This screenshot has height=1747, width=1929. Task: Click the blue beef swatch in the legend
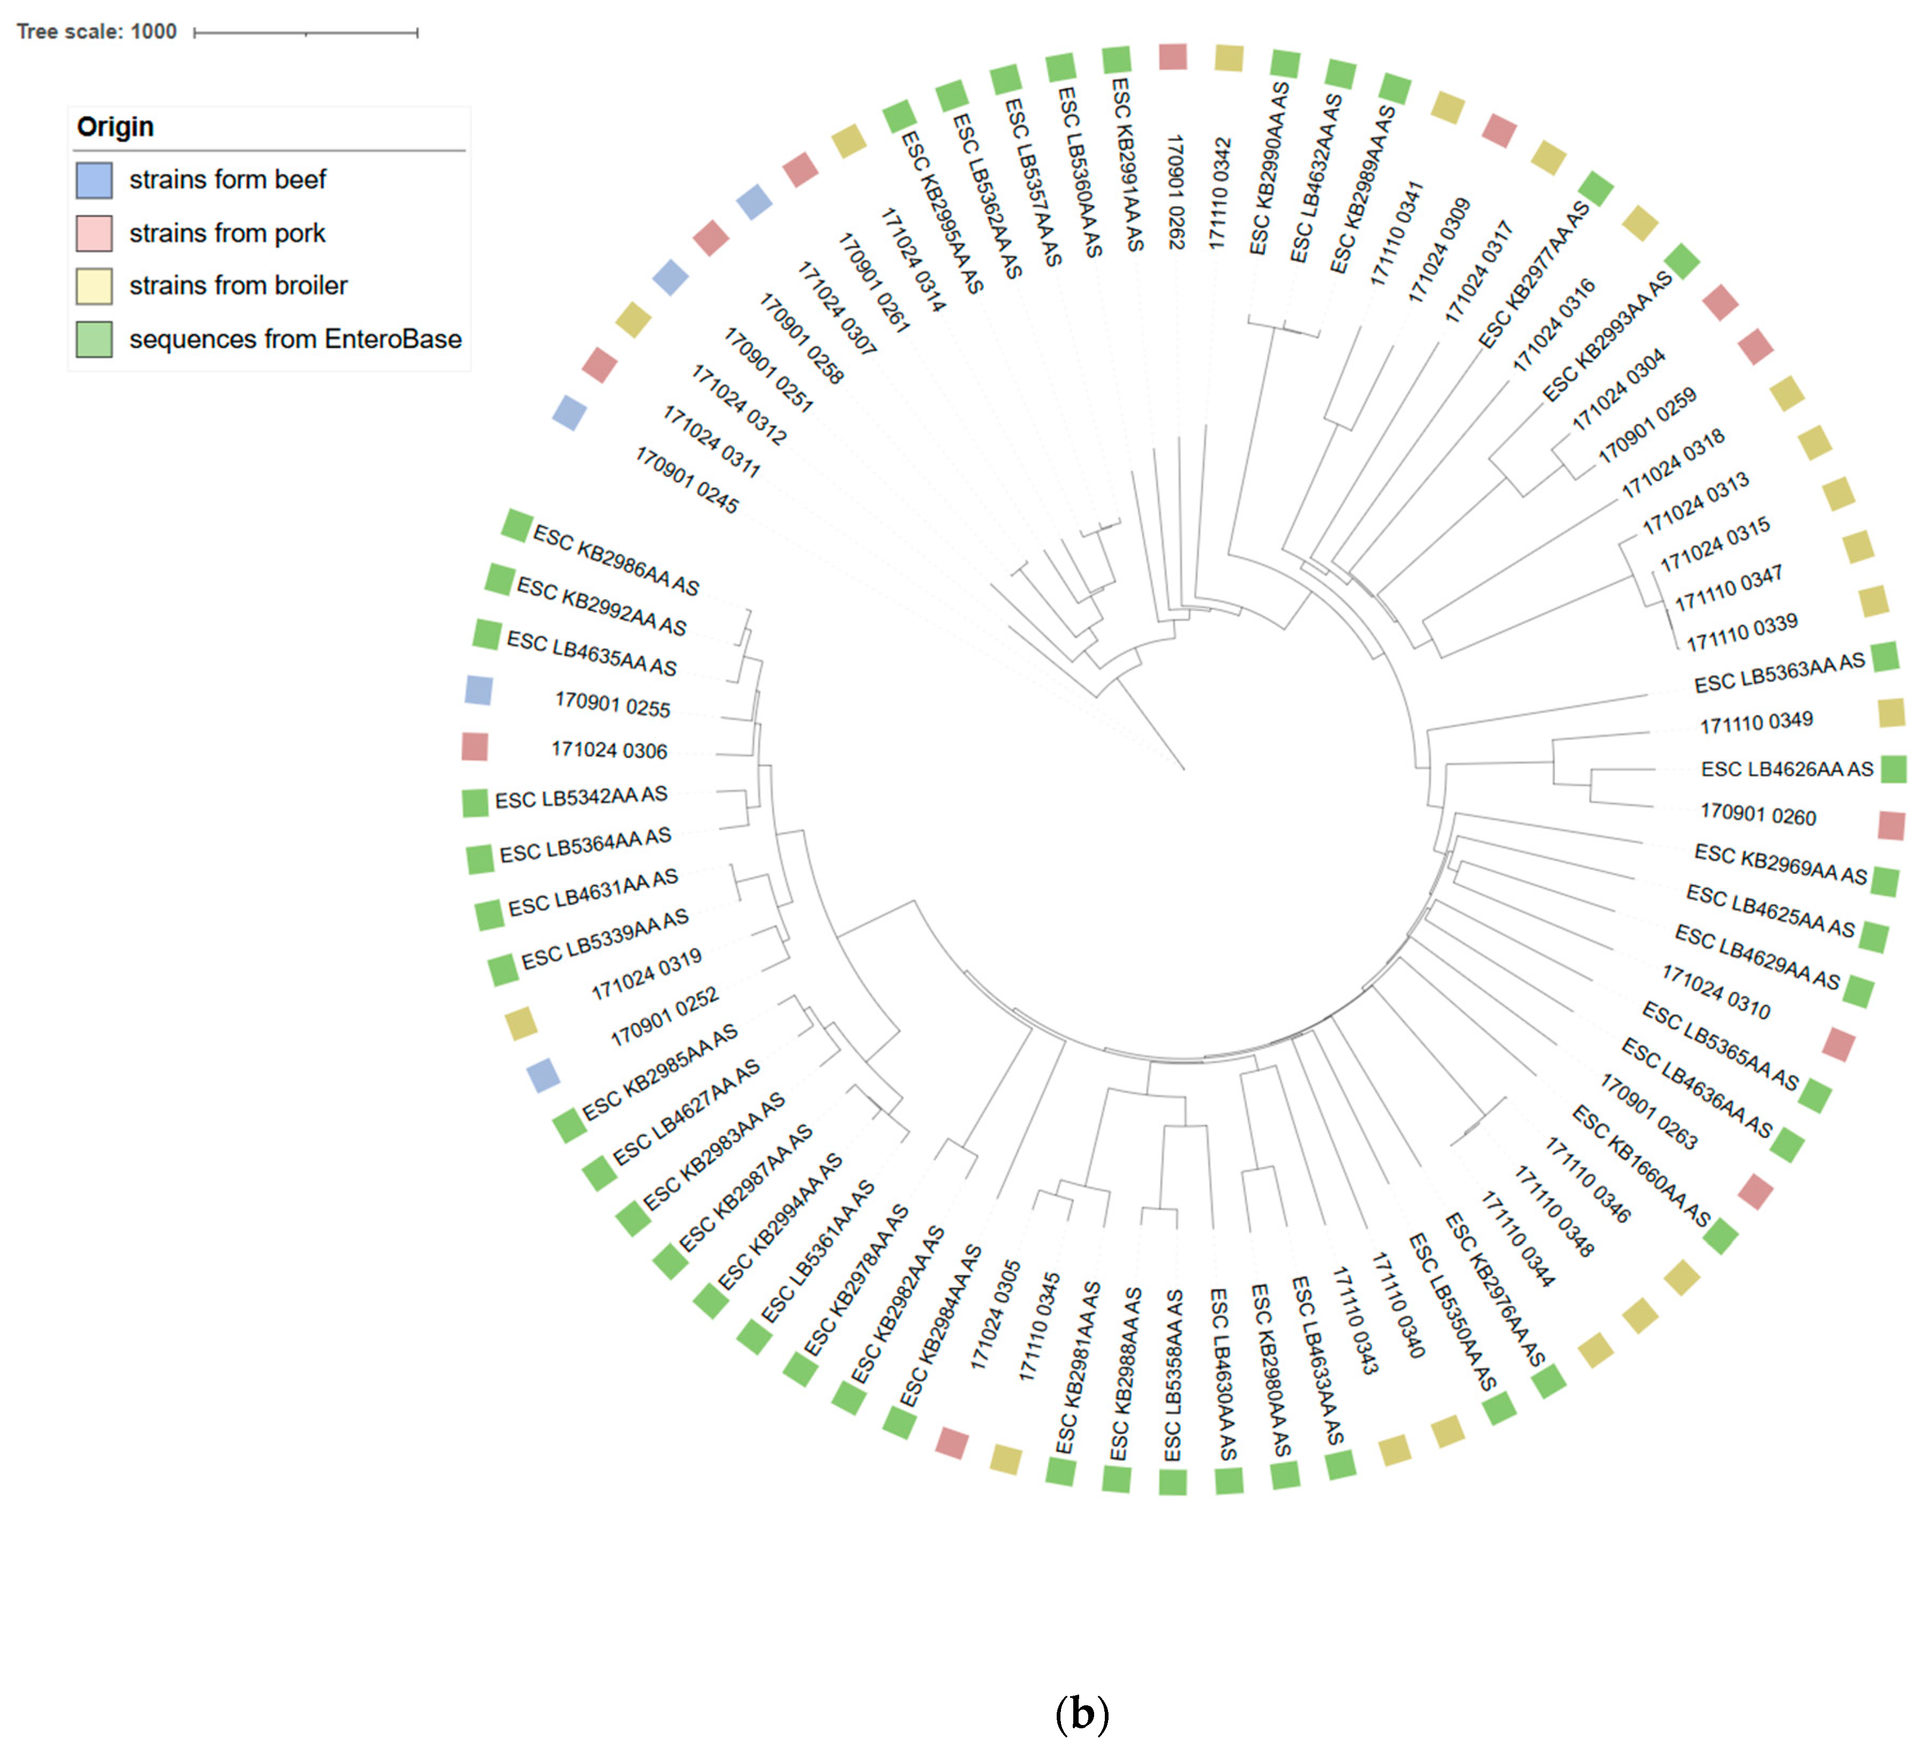pos(94,180)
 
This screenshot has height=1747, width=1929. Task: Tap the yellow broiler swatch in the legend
pos(94,286)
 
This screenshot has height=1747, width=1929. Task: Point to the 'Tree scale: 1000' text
pos(97,32)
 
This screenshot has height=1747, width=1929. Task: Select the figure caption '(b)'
pos(1081,1713)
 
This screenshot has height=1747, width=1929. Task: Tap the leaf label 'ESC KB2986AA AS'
pos(615,560)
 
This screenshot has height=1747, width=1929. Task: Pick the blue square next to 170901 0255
pos(478,690)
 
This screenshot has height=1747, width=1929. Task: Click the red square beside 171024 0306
pos(475,746)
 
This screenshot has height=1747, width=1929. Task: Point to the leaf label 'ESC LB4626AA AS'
pos(1786,769)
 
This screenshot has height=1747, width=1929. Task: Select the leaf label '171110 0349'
pos(1756,722)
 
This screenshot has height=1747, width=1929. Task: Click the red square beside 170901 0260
pos(1891,825)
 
